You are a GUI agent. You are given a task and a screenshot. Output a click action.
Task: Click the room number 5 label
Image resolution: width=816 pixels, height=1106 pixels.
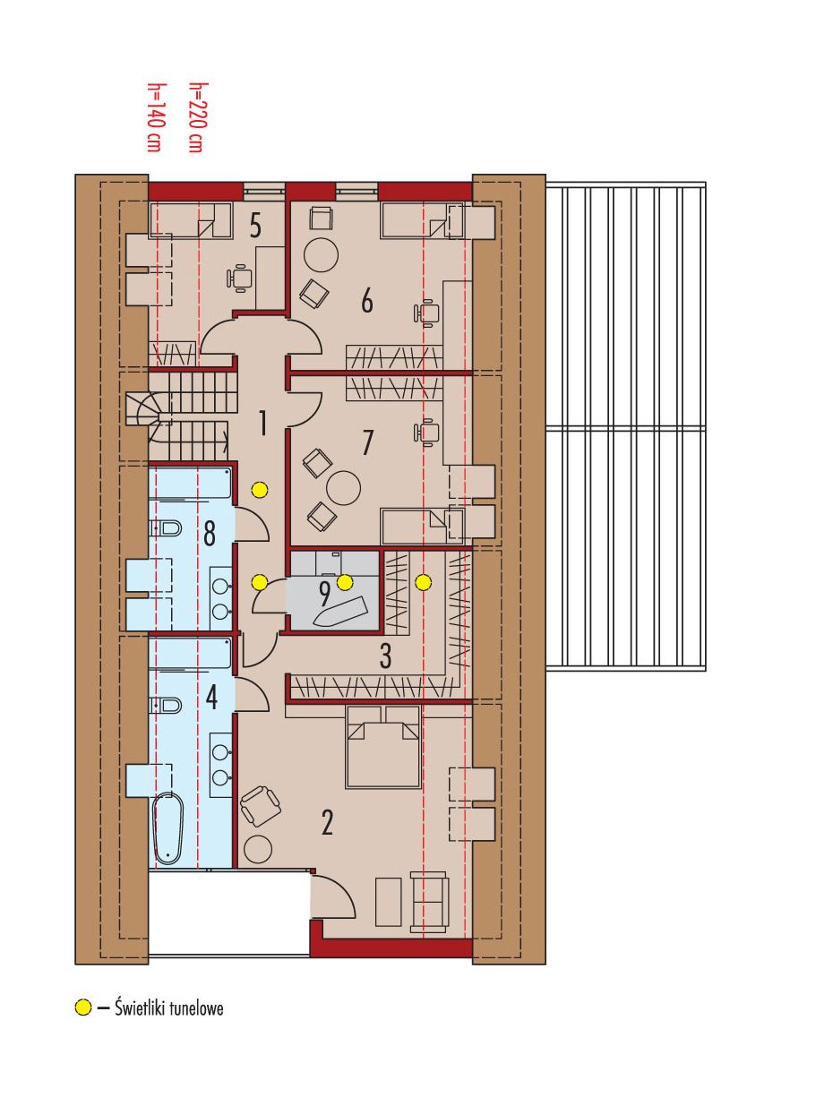[x=255, y=227]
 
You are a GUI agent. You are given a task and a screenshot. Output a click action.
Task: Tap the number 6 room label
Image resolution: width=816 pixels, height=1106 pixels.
[x=366, y=301]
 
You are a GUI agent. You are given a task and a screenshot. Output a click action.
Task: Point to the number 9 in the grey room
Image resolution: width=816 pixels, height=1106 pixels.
[x=324, y=595]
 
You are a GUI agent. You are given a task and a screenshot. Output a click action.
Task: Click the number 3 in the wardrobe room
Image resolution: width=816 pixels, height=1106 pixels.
[x=386, y=656]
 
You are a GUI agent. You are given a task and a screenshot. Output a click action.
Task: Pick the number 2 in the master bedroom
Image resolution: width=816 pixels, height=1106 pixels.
[x=327, y=822]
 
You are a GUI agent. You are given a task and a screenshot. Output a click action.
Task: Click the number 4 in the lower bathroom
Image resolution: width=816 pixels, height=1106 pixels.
[x=211, y=698]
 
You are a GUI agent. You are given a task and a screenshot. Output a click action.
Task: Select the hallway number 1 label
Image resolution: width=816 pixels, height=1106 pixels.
[x=262, y=423]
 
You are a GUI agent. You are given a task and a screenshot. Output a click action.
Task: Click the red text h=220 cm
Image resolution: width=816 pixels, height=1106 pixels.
[x=196, y=117]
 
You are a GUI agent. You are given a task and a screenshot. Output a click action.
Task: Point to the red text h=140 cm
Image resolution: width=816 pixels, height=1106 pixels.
[x=154, y=117]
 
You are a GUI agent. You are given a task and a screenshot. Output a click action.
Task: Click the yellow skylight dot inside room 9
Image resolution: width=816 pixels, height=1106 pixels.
[x=345, y=583]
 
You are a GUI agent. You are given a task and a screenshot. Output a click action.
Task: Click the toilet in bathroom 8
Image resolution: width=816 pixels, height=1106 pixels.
[x=165, y=528]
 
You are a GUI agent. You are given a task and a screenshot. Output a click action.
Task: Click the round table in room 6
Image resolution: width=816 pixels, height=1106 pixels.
[x=321, y=254]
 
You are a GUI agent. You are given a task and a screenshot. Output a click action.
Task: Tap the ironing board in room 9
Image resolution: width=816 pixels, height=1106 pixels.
[x=341, y=613]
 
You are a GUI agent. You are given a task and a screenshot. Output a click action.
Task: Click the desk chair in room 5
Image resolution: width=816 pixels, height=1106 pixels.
[x=238, y=279]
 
